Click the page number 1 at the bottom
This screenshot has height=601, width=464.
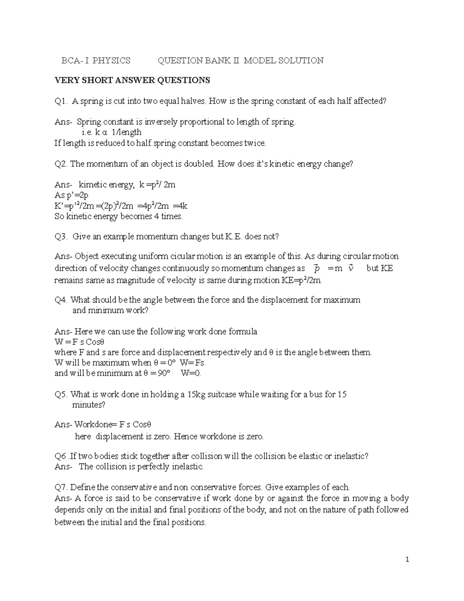tap(407, 560)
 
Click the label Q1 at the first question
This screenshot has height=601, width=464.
tap(61, 101)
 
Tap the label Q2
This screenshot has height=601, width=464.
tap(61, 164)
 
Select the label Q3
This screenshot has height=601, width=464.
tap(61, 236)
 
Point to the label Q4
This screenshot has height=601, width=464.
tap(61, 300)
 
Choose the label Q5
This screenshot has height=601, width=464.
tap(61, 395)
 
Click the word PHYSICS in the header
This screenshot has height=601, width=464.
tap(111, 60)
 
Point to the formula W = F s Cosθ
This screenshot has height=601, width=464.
tap(80, 342)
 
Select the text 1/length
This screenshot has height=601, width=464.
tap(126, 132)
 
